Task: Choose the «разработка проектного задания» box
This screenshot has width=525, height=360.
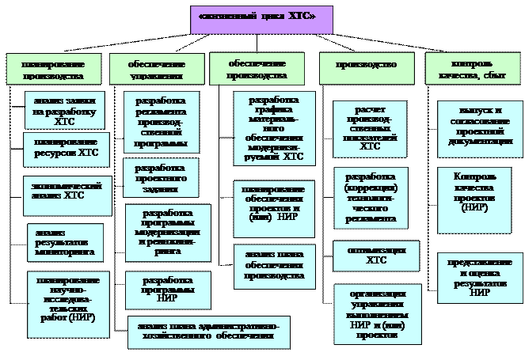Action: point(161,179)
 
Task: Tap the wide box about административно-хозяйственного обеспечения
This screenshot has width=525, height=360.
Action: point(208,332)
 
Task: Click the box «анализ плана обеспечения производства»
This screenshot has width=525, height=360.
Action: point(275,265)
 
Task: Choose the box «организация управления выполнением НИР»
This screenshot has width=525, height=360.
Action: point(370,314)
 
